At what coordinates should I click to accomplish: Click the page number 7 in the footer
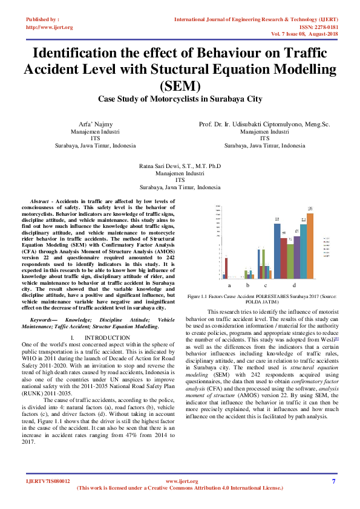333,481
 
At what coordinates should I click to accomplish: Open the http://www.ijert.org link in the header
49,27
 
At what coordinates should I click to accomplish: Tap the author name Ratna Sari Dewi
180,165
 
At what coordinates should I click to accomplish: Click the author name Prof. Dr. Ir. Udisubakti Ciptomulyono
264,124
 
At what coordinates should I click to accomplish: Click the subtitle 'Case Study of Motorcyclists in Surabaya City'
180,98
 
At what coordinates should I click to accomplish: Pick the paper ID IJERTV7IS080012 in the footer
48,481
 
